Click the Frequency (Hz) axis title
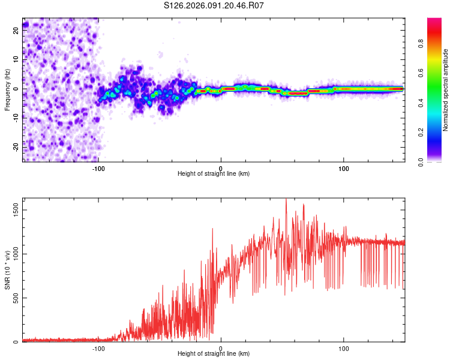pos(7,90)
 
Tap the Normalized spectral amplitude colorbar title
pos(445,90)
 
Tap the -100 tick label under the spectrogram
pos(99,167)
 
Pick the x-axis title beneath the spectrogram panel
pos(214,173)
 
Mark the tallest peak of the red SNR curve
pos(286,199)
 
